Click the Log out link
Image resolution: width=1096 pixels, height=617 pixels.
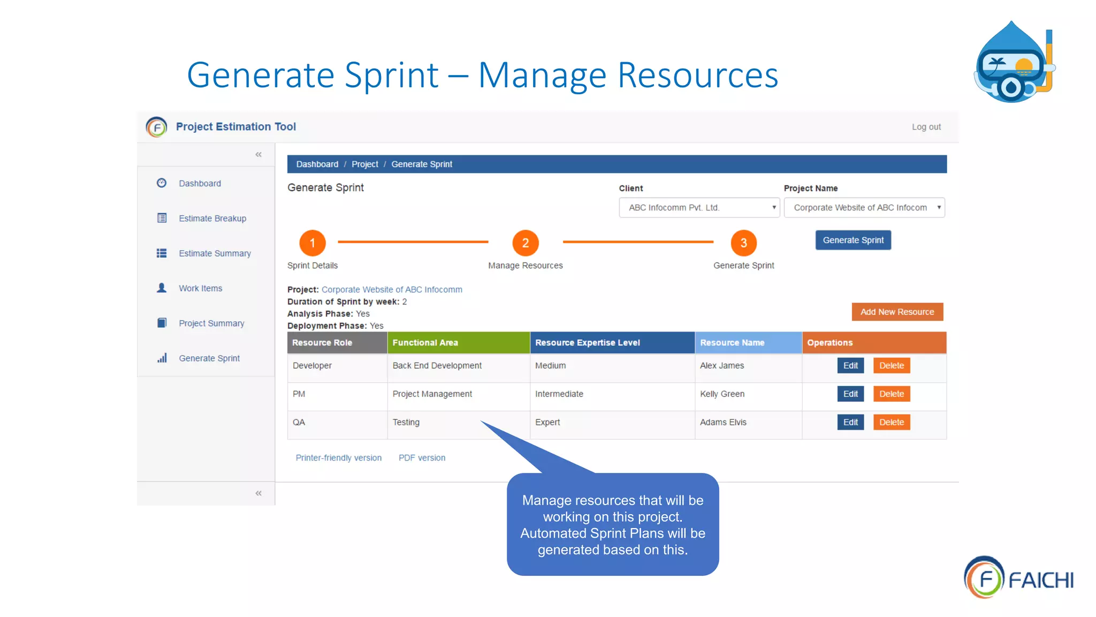click(x=926, y=127)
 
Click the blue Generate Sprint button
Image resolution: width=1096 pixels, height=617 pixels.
click(x=853, y=240)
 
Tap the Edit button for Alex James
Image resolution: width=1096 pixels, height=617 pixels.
click(x=850, y=366)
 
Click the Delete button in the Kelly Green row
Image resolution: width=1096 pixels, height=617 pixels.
click(x=892, y=394)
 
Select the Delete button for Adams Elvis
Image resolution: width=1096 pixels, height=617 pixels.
click(x=892, y=423)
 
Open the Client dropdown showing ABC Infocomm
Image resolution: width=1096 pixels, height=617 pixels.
click(x=699, y=208)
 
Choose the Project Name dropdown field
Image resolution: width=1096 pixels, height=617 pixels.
click(x=864, y=208)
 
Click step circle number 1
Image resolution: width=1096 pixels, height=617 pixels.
click(x=313, y=243)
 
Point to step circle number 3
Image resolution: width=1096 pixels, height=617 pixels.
click(x=743, y=243)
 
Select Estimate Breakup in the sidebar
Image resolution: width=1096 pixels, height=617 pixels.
click(x=212, y=219)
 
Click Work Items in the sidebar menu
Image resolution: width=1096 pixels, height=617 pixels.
click(x=200, y=289)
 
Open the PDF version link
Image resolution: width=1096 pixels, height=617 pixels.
click(x=422, y=458)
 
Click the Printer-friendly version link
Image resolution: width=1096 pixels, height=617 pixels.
click(x=338, y=458)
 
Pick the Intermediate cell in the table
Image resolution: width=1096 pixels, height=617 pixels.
click(x=559, y=394)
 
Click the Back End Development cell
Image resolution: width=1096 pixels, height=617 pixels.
click(x=437, y=366)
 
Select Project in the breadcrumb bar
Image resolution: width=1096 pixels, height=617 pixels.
click(x=364, y=164)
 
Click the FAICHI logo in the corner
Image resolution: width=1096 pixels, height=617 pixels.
click(x=1018, y=578)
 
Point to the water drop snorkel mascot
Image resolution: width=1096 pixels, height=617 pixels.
click(x=1013, y=63)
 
